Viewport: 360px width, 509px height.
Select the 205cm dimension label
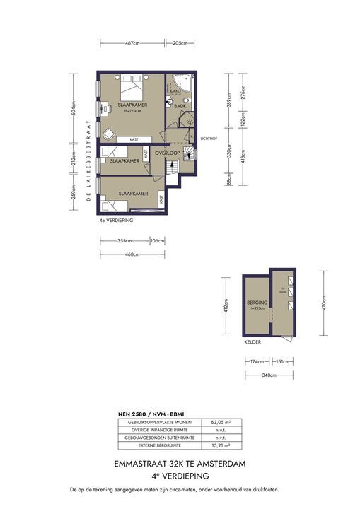tap(180, 43)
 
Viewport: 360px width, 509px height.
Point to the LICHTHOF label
tap(208, 139)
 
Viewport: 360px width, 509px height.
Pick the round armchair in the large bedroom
tap(108, 134)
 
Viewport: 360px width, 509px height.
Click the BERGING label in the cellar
tap(256, 303)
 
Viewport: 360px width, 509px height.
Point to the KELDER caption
tap(252, 342)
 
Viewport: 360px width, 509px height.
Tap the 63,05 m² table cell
tap(215, 422)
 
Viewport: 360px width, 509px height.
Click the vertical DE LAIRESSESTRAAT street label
tap(88, 160)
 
